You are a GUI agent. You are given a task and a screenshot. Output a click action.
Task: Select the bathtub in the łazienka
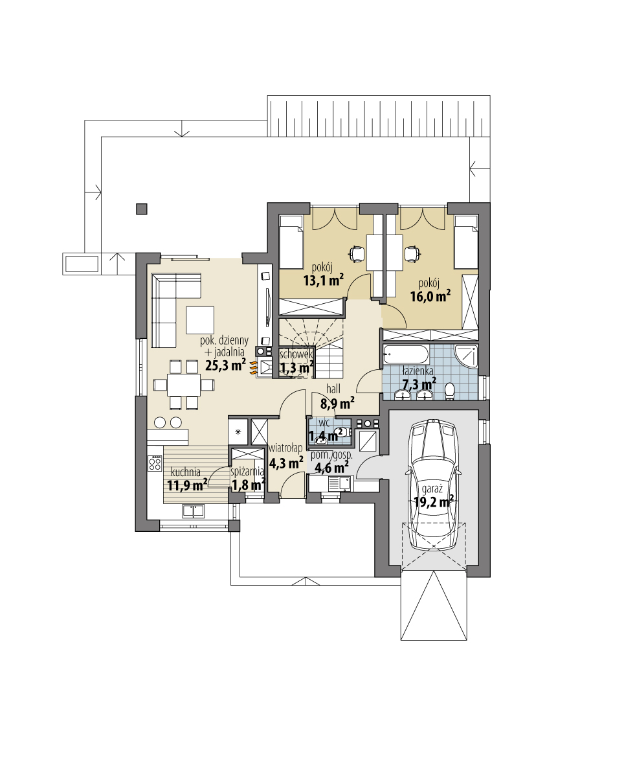pos(406,355)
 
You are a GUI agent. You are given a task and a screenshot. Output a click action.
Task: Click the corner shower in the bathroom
pos(468,357)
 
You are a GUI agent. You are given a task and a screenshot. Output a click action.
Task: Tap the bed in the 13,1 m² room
pos(291,242)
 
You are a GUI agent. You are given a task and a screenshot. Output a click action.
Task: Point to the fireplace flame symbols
pos(263,367)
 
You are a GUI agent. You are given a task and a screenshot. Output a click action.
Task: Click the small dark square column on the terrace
pos(141,209)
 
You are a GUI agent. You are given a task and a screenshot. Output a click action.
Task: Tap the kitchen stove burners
pos(155,463)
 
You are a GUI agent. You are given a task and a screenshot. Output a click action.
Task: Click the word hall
pos(333,389)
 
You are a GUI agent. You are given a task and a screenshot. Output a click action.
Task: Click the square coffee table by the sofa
pos(200,319)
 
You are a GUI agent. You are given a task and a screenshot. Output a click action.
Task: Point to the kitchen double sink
pos(193,511)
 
